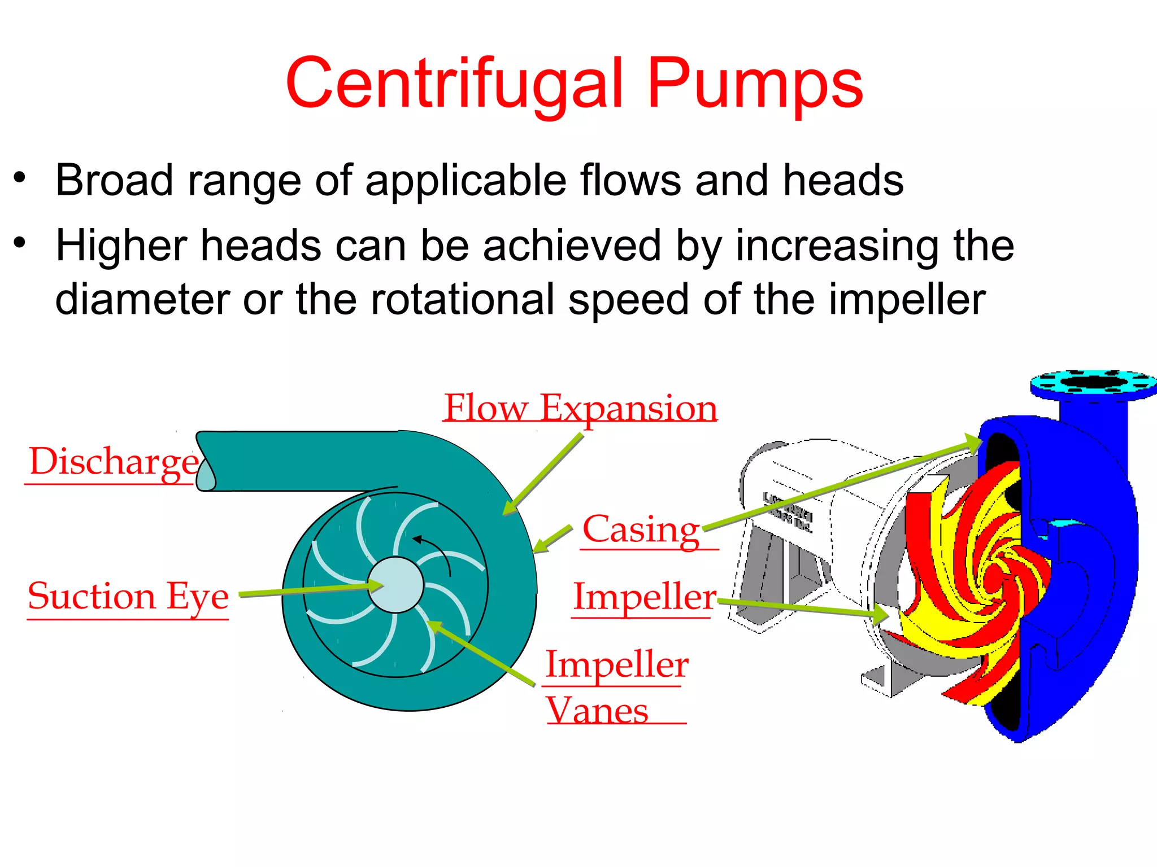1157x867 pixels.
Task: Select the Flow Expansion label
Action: click(580, 408)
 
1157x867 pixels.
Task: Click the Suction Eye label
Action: click(128, 597)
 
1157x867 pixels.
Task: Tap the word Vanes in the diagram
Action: click(597, 711)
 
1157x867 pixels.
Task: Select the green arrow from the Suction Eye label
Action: click(311, 590)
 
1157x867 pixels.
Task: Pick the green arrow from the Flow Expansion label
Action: click(542, 474)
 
